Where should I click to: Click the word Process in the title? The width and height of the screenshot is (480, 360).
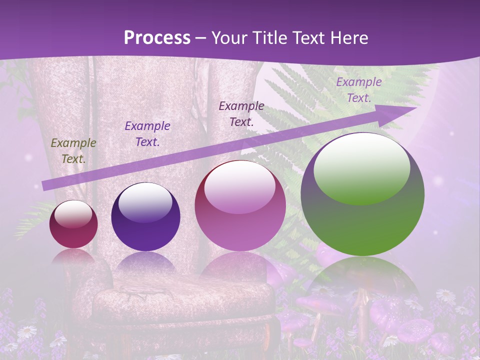pyautogui.click(x=157, y=38)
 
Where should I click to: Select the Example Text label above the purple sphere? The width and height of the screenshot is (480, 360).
pyautogui.click(x=147, y=134)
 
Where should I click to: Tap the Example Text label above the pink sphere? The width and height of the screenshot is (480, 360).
pyautogui.click(x=241, y=113)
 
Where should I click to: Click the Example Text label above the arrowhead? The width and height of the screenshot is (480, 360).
pyautogui.click(x=358, y=90)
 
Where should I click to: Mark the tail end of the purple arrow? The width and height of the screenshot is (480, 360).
pyautogui.click(x=45, y=185)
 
